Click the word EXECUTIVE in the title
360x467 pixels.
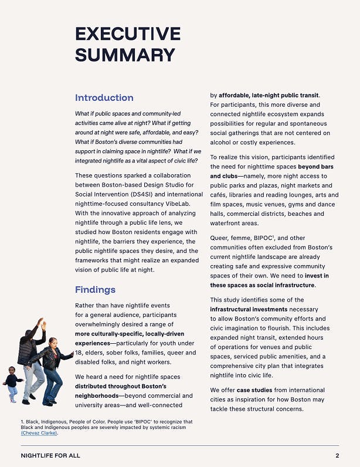click(x=128, y=33)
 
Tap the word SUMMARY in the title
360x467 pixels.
click(x=125, y=55)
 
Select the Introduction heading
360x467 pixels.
click(x=104, y=97)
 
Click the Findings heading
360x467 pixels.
click(x=95, y=289)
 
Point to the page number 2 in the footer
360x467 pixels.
click(x=337, y=456)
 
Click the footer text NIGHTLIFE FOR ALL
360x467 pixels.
click(x=50, y=456)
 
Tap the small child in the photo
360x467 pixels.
click(x=12, y=384)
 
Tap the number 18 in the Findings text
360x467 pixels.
click(x=79, y=353)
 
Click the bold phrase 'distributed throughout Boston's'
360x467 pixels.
click(x=120, y=386)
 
